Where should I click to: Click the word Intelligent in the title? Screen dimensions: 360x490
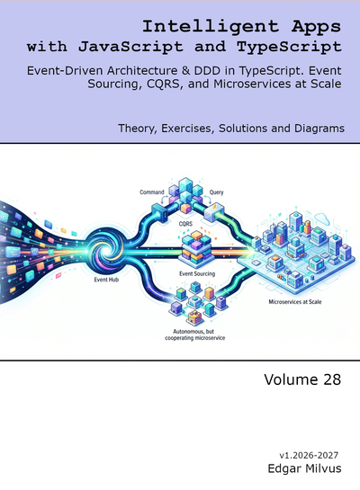pos(211,27)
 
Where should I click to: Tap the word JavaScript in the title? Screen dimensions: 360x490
pos(130,47)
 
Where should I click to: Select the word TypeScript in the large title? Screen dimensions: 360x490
pos(289,47)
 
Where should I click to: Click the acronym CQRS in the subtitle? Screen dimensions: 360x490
pos(163,84)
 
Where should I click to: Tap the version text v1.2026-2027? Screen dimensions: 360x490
pos(309,455)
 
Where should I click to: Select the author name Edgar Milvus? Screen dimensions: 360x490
pos(304,468)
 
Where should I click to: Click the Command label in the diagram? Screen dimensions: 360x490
pos(152,192)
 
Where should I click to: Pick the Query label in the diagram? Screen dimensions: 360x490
pos(216,192)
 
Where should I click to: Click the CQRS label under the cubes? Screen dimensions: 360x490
pos(185,224)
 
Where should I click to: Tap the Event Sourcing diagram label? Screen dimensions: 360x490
pos(197,273)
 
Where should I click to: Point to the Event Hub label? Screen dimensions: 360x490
pos(106,280)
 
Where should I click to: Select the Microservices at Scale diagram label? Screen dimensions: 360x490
pos(295,302)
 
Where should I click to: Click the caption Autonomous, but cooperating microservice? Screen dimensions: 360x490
pos(195,334)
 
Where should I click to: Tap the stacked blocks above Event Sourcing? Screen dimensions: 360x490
pos(197,247)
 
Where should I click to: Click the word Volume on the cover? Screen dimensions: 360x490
pos(287,379)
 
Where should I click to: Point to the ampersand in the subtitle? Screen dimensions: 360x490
pos(185,71)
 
